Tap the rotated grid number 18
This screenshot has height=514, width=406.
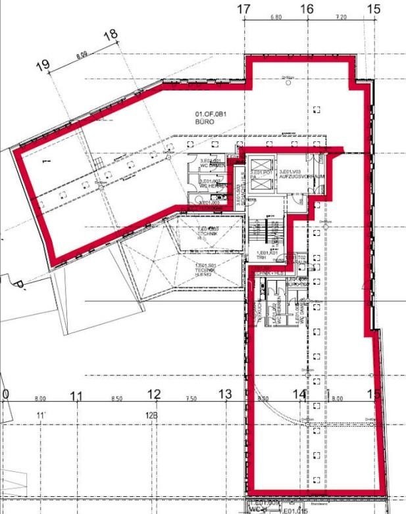(x=111, y=34)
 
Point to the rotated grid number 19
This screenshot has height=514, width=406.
(x=44, y=64)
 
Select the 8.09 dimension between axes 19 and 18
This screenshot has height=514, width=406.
(x=82, y=56)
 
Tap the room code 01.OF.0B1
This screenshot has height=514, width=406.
(x=211, y=115)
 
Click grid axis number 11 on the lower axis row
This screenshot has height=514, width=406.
(x=77, y=395)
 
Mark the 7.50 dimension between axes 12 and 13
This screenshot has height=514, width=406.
(x=191, y=399)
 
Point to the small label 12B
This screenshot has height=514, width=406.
(x=152, y=415)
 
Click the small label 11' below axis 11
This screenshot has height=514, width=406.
(x=41, y=415)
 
